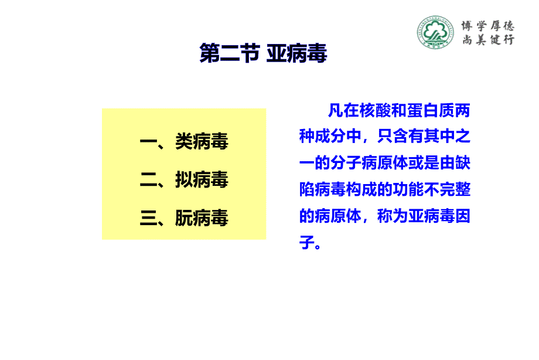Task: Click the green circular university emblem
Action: click(435, 32)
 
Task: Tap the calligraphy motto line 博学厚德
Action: click(488, 26)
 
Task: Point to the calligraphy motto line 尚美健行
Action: click(488, 40)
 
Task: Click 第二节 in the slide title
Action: click(229, 53)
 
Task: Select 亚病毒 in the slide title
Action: click(296, 53)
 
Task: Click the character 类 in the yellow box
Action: click(184, 141)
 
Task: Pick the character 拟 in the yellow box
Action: click(184, 179)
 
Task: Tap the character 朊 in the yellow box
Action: click(184, 218)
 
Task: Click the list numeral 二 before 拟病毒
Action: click(148, 179)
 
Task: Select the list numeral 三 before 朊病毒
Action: click(148, 218)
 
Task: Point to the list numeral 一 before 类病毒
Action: click(148, 141)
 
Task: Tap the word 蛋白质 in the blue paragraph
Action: click(431, 110)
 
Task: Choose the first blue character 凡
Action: click(336, 110)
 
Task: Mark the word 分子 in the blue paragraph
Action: click(346, 162)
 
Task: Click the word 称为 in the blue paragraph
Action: click(392, 216)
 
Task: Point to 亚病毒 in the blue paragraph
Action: click(431, 216)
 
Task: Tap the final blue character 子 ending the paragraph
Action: click(306, 242)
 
